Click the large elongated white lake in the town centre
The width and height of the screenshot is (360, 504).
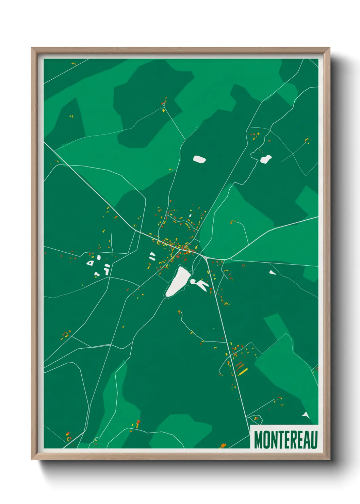pos(178,281)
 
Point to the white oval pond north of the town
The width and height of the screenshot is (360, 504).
pos(199,159)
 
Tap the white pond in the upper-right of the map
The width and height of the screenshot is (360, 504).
pos(266,159)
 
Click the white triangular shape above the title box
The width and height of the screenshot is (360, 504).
pos(306,415)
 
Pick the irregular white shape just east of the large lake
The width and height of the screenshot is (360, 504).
pos(200,284)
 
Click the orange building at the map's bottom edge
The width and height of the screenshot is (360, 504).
pos(223,445)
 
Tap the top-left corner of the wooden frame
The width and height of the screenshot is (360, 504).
pos(32,48)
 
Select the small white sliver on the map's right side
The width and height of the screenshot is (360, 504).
pos(273,272)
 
